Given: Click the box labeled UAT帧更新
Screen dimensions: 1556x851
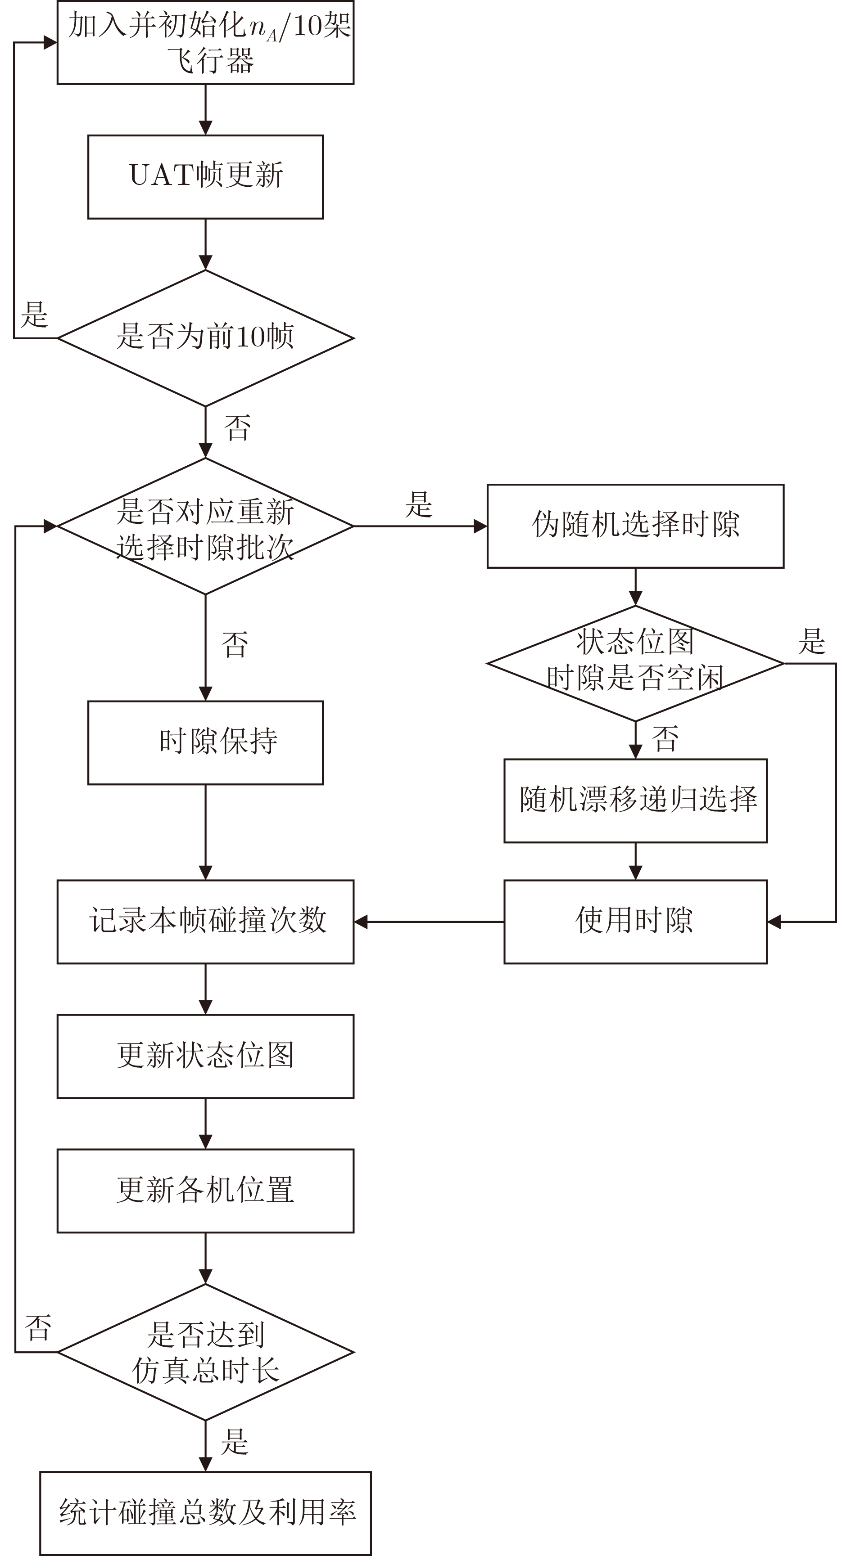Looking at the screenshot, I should (205, 176).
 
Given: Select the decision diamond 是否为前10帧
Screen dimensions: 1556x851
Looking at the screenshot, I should (205, 337).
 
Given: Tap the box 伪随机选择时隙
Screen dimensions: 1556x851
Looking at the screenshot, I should (635, 526).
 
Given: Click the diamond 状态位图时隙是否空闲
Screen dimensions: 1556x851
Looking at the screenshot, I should (635, 663).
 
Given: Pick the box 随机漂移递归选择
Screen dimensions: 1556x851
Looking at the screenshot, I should (635, 800).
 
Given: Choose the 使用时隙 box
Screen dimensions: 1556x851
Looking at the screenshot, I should (635, 922).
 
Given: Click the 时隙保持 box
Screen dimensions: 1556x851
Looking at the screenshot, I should (205, 742).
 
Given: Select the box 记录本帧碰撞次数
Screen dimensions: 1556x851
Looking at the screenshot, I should (205, 922).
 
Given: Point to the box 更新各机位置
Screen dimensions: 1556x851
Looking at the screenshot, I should (205, 1191).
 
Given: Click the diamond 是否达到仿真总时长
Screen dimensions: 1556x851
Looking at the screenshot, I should (205, 1352).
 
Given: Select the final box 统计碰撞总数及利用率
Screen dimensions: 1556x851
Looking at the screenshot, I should (205, 1513).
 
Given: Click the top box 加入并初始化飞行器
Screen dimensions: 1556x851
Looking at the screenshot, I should (205, 42).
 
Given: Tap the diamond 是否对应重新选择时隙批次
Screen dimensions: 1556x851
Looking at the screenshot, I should (205, 526).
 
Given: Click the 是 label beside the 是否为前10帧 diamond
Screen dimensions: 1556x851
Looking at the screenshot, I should (35, 315).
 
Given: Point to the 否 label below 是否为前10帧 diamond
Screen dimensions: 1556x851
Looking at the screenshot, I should (238, 427).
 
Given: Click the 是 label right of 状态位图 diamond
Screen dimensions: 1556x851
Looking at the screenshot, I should (812, 641).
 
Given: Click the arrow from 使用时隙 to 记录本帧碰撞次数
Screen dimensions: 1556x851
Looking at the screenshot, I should (429, 922).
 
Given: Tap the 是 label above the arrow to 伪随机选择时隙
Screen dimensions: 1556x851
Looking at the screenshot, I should (419, 504).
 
